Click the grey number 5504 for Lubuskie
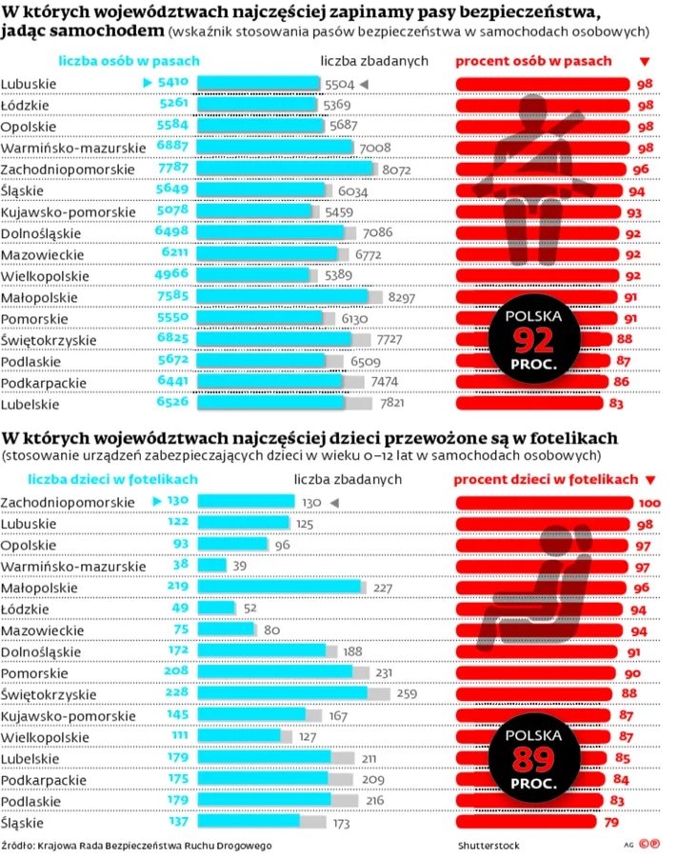pos(340,84)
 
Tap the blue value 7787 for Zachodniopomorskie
pos(172,169)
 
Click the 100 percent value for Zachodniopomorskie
pos(649,502)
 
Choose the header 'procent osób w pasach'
pos(534,61)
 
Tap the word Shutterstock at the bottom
pos(489,846)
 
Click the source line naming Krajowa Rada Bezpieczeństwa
pos(137,846)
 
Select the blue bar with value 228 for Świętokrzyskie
pos(282,693)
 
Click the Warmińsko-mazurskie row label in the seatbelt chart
pos(73,148)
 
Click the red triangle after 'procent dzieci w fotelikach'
pos(650,480)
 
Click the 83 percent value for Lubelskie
pos(616,404)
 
